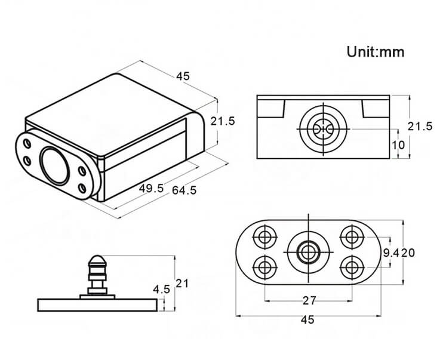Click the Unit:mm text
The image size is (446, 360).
point(376,52)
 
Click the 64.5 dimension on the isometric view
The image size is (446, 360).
point(184,190)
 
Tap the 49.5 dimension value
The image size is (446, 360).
point(151,188)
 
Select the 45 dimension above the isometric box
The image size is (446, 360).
point(183,76)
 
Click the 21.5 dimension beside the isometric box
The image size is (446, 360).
point(223,121)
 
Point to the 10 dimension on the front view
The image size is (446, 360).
point(398,144)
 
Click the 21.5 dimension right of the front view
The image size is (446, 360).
point(420,126)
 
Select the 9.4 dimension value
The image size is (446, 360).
point(390,253)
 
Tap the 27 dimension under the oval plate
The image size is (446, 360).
point(309,300)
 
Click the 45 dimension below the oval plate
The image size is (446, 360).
point(307,320)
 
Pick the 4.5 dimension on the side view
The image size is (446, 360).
point(161,289)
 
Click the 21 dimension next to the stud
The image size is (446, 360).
point(182,283)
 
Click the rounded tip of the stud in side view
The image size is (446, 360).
point(98,261)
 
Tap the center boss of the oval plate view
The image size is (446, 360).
point(308,251)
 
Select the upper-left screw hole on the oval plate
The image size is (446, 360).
point(264,236)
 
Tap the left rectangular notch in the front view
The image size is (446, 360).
point(275,108)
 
